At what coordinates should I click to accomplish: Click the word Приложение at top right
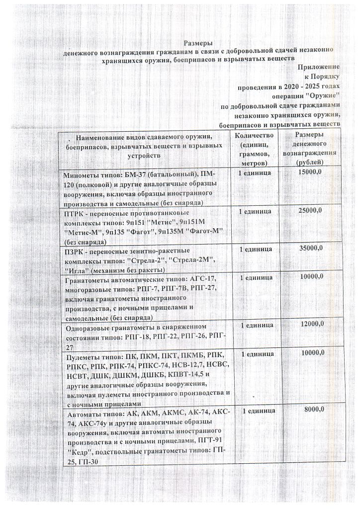coord(318,67)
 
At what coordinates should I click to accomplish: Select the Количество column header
coord(254,136)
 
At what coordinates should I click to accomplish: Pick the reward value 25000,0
coord(310,211)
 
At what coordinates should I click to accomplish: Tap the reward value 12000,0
coord(311,324)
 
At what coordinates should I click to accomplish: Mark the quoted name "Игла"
coord(80,270)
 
